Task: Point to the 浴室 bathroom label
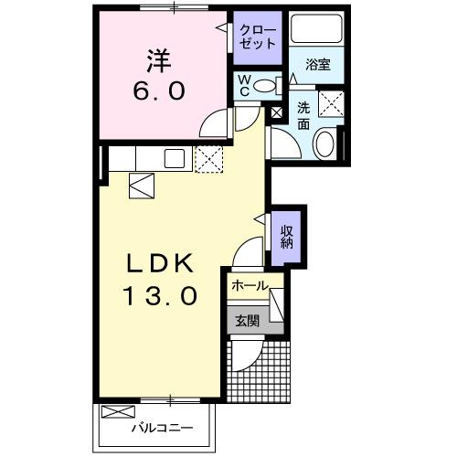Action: point(318,65)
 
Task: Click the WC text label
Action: point(244,86)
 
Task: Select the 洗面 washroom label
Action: point(303,116)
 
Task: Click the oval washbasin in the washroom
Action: point(324,143)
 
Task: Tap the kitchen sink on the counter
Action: point(175,158)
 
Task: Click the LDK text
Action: point(161,263)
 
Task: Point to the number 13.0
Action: point(161,297)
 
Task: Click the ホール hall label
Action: point(249,285)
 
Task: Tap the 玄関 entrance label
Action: point(246,320)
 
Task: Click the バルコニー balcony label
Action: point(161,428)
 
